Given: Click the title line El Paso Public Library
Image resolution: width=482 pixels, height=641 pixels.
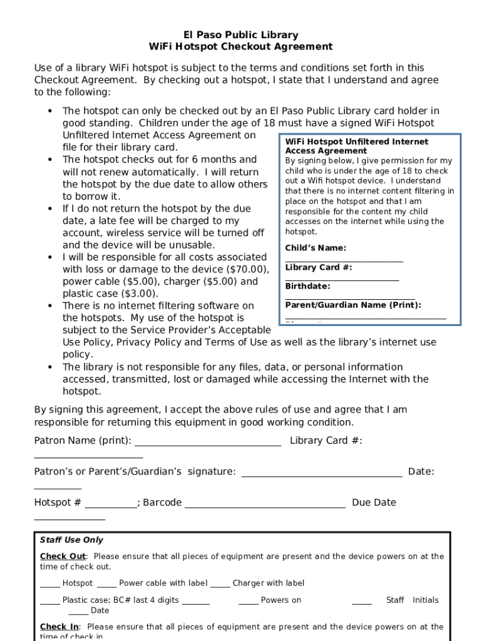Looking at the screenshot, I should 240,35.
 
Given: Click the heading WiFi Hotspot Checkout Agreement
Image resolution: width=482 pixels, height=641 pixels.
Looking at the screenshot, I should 240,47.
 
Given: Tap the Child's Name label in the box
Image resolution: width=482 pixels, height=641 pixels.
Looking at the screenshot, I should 315,248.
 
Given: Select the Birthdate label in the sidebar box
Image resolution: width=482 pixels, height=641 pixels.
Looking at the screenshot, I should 307,286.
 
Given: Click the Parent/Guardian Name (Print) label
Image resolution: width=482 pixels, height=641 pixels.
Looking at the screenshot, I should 353,305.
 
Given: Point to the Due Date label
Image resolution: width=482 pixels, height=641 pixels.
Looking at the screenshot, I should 374,503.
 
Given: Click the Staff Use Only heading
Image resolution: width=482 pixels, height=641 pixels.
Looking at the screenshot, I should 71,540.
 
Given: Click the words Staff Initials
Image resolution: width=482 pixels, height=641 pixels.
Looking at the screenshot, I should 412,600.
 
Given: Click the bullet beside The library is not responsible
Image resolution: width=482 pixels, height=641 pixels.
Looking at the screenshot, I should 49,367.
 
